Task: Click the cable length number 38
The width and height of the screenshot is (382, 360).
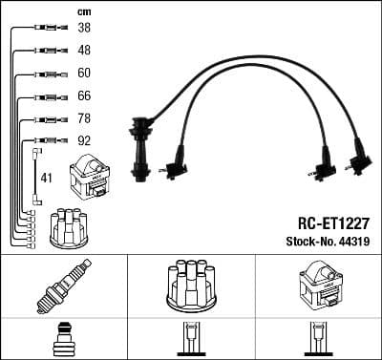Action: (x=84, y=30)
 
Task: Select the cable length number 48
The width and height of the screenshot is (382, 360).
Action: (x=84, y=51)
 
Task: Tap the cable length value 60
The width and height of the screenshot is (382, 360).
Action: (x=84, y=74)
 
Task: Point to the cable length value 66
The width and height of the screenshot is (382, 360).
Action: (x=84, y=96)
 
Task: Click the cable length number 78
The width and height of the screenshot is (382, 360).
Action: (x=84, y=119)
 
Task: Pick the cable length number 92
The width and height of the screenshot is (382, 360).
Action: (x=84, y=141)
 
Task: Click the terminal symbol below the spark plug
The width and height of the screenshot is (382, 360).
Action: (x=63, y=341)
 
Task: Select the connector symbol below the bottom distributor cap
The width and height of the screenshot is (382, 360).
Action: (x=190, y=341)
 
